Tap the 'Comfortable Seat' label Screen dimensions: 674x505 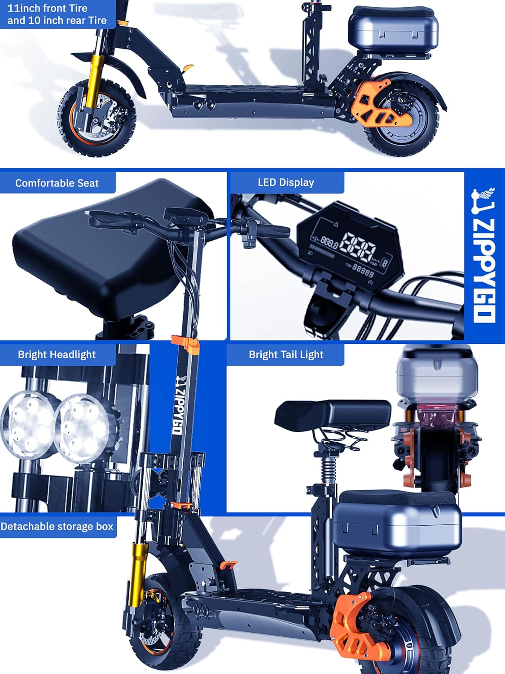pyautogui.click(x=57, y=183)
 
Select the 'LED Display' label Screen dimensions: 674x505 pyautogui.click(x=286, y=182)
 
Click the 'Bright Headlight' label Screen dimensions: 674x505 pyautogui.click(x=57, y=355)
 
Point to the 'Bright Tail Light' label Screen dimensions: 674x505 pyautogui.click(x=286, y=355)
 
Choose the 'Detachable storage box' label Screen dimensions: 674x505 pyautogui.click(x=57, y=526)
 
